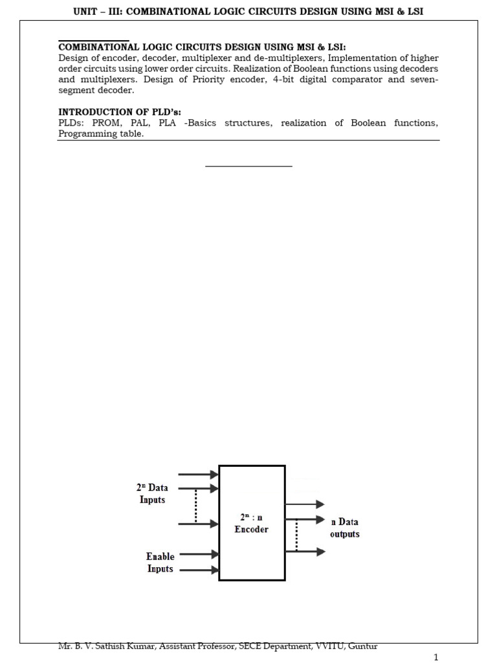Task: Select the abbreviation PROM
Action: click(x=105, y=123)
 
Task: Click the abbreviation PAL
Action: click(x=139, y=123)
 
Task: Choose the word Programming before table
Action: click(x=87, y=134)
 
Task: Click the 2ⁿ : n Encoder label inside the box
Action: click(x=252, y=523)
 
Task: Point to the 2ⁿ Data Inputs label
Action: click(x=152, y=494)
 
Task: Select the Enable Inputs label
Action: click(x=160, y=562)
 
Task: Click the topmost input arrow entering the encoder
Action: click(x=198, y=475)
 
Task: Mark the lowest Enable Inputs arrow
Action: click(x=198, y=570)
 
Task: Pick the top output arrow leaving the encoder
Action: click(x=304, y=504)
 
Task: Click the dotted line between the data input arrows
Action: click(x=195, y=506)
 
